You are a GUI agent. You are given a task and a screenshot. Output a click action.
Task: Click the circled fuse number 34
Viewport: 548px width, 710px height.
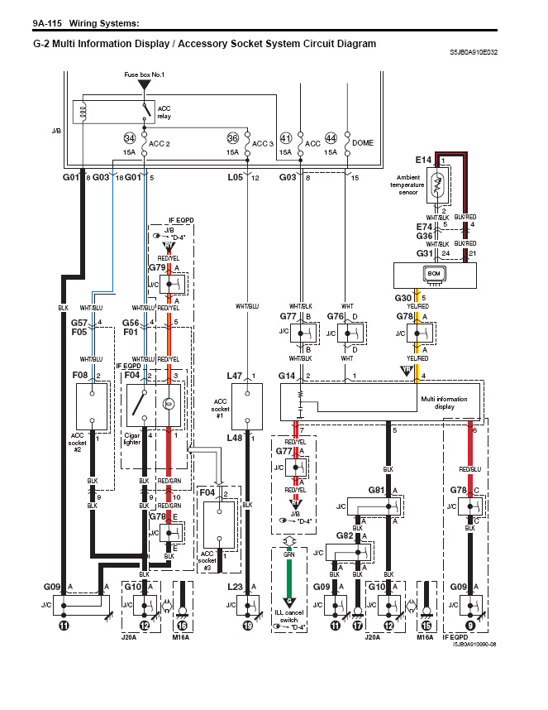point(129,137)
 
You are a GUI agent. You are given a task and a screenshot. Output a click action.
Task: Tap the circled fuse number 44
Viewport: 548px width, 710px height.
point(331,137)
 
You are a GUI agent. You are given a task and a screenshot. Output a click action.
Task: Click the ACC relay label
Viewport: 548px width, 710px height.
point(164,113)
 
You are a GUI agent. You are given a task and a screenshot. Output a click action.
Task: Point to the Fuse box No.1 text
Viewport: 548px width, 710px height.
point(145,75)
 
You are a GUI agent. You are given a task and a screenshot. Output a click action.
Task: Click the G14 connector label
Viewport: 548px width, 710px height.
point(287,377)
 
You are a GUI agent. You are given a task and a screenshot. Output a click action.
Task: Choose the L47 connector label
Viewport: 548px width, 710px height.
point(236,376)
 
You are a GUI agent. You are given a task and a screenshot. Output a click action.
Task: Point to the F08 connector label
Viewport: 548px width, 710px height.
point(79,376)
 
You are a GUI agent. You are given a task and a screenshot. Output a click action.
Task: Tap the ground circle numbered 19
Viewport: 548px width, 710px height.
point(248,626)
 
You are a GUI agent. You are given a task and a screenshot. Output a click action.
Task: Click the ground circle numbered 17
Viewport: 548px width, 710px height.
point(357,626)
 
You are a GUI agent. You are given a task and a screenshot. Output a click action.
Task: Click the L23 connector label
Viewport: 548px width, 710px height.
point(235,587)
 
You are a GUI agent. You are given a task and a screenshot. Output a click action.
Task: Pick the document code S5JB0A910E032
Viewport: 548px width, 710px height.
point(474,52)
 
